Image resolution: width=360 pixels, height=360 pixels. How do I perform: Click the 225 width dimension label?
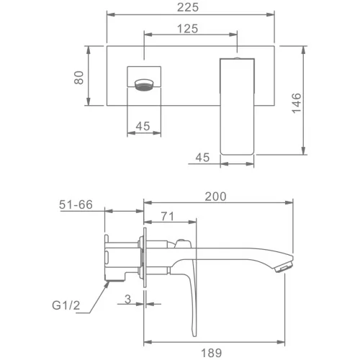(x=188, y=7)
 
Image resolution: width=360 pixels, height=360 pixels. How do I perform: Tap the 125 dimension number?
(x=187, y=29)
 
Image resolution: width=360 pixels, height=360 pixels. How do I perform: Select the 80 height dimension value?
(x=79, y=78)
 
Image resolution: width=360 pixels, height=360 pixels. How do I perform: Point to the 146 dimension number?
(x=297, y=103)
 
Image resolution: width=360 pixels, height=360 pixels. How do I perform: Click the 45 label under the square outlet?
(x=143, y=126)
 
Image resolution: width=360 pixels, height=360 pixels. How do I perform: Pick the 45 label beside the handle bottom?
(x=202, y=158)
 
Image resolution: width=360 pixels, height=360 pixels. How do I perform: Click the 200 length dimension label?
(x=215, y=197)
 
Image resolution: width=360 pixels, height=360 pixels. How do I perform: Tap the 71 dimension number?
(x=167, y=216)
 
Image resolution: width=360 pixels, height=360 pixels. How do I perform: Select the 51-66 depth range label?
(x=76, y=204)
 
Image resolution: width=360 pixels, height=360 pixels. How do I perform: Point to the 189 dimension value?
(x=211, y=353)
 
